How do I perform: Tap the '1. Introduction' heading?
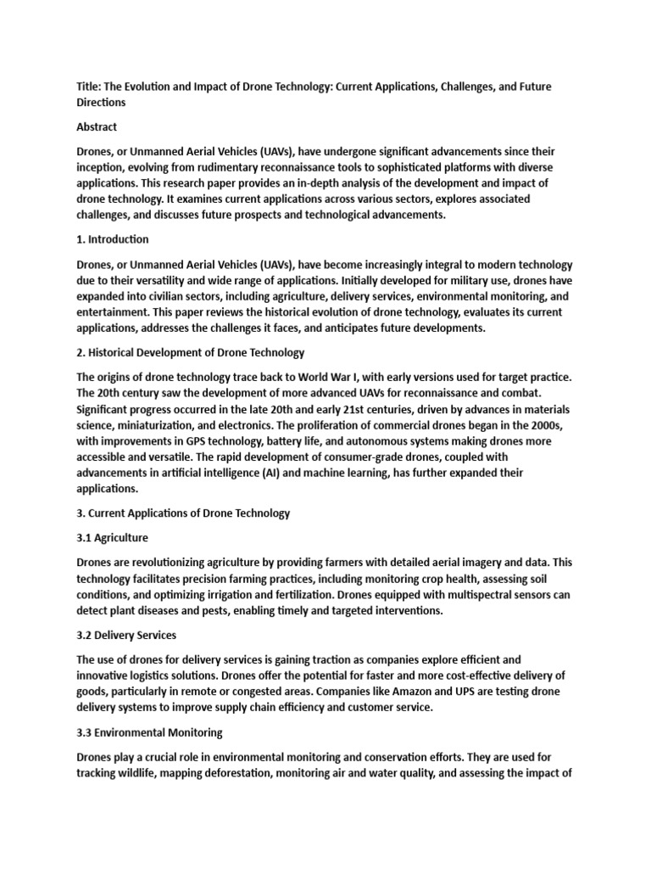point(113,239)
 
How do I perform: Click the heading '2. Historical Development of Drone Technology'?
point(191,352)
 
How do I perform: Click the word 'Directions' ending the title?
point(101,103)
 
